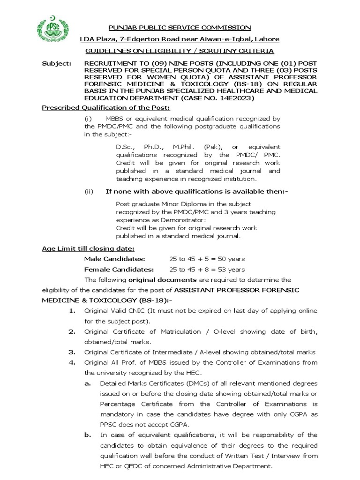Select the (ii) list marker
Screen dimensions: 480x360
click(x=89, y=191)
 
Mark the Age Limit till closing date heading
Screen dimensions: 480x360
click(x=88, y=248)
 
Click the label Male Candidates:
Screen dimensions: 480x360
click(x=115, y=259)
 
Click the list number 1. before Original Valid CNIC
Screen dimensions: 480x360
click(x=73, y=311)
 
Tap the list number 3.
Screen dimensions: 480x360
click(x=73, y=352)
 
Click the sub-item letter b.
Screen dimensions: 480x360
click(x=88, y=435)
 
